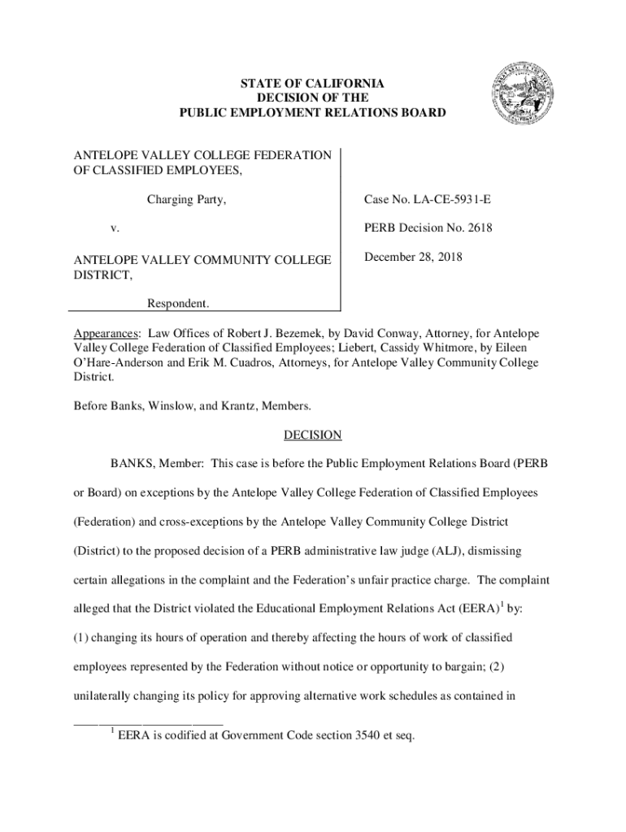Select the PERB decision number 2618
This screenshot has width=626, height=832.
[x=475, y=228]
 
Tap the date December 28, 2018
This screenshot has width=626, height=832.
[x=414, y=258]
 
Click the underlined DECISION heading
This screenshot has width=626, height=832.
[x=312, y=435]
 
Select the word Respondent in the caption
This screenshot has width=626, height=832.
[x=177, y=303]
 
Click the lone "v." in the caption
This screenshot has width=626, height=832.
[x=115, y=229]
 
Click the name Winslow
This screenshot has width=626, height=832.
[x=172, y=405]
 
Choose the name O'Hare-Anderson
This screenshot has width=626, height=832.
[x=120, y=363]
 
